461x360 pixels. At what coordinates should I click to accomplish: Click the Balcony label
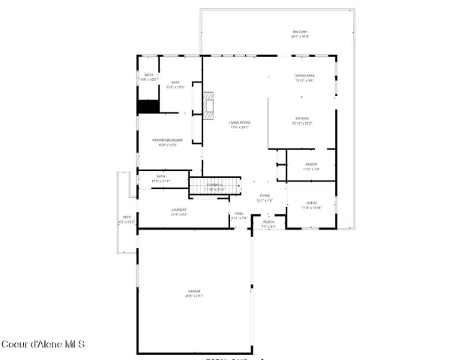tap(300, 31)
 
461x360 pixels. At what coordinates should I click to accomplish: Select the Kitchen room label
tap(302, 118)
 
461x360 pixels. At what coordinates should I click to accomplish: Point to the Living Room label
tap(240, 122)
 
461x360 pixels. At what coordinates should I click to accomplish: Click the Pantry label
tap(311, 163)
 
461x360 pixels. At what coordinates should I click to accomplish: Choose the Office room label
tap(313, 203)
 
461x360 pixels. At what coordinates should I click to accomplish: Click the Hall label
tap(239, 214)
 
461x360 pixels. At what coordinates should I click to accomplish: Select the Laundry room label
tap(179, 209)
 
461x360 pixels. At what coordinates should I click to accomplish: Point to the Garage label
tap(194, 291)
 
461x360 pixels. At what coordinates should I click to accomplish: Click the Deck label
tap(127, 217)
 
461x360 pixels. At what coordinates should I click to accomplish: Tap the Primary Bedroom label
tap(168, 140)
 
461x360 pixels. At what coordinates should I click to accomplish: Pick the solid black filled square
tap(147, 106)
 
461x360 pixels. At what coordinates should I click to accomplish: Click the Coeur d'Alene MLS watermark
tap(43, 345)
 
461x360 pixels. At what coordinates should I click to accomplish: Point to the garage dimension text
tap(194, 296)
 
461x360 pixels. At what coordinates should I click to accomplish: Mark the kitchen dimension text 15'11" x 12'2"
tap(302, 123)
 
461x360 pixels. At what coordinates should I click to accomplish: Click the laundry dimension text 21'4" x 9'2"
tap(179, 214)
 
